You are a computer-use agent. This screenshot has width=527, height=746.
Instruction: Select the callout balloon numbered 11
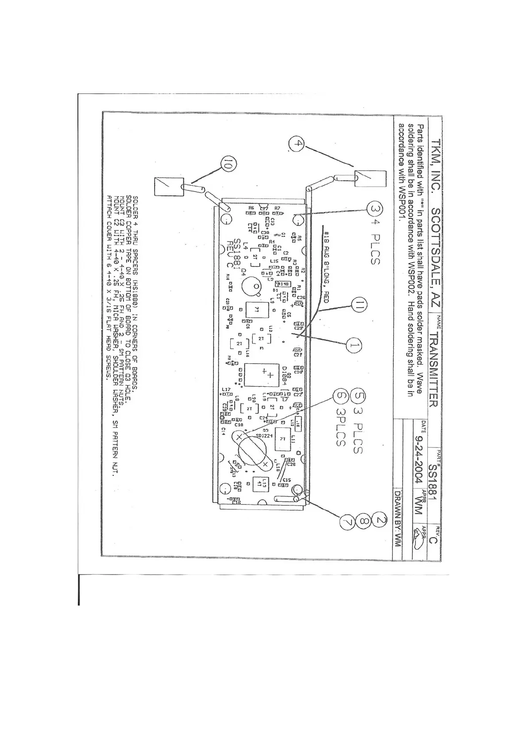click(x=360, y=305)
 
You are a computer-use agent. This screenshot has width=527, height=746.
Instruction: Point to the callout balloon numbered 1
click(x=353, y=346)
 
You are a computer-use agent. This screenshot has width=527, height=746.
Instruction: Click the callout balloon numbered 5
click(x=358, y=396)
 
